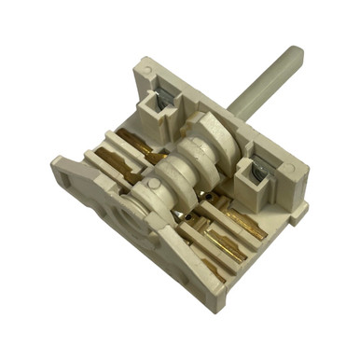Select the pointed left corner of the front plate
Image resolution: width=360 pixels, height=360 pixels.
53,164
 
